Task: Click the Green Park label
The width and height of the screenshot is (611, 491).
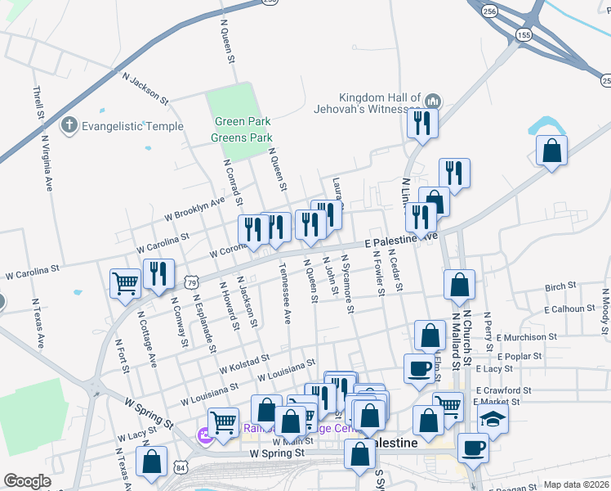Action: tap(242, 122)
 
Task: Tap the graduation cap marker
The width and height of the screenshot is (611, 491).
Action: tap(493, 418)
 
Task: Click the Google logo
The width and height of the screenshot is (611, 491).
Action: tap(27, 482)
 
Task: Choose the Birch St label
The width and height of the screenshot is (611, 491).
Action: tap(560, 287)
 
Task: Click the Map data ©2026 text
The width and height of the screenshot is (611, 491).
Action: tap(576, 484)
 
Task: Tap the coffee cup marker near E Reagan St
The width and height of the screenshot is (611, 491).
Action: tap(473, 448)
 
